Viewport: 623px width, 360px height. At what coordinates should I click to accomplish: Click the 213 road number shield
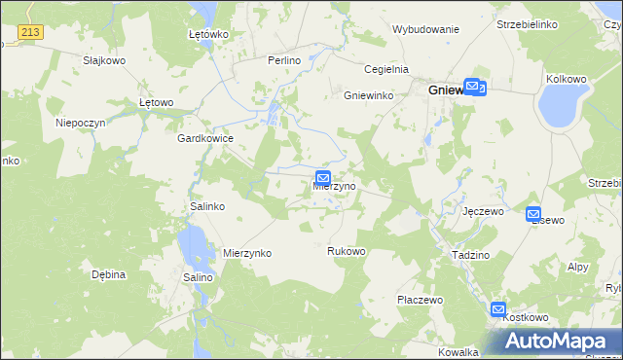[x=30, y=33]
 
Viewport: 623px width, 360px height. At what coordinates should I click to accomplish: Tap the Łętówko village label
[x=207, y=34]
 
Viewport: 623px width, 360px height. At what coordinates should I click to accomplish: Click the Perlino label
[x=284, y=60]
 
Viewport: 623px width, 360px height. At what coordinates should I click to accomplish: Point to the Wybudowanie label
[x=425, y=29]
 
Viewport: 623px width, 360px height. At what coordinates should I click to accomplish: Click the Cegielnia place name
[x=385, y=69]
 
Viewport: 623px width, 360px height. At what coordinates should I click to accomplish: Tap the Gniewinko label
[x=367, y=95]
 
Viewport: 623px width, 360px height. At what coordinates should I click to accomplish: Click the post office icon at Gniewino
[x=473, y=87]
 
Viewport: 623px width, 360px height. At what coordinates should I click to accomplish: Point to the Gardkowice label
[x=204, y=139]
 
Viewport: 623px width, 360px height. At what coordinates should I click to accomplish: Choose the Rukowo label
[x=346, y=252]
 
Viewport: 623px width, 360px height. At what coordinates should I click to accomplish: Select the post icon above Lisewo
[x=533, y=213]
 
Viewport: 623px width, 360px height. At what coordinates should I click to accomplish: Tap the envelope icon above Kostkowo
[x=498, y=309]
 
